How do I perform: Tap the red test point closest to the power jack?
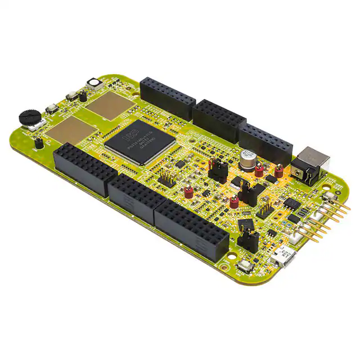point(278,170)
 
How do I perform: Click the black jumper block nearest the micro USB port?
point(247,239)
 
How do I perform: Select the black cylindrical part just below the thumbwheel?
point(38,143)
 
